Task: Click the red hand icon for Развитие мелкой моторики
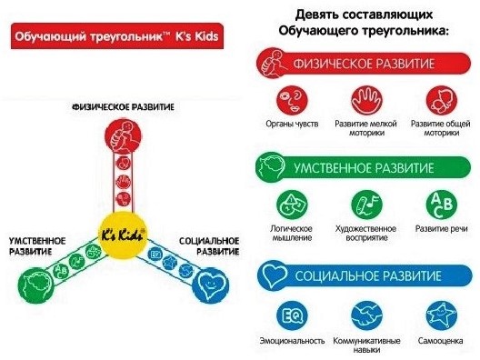tap(367, 98)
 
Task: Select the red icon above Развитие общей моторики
tap(440, 98)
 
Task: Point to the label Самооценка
tap(440, 341)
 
